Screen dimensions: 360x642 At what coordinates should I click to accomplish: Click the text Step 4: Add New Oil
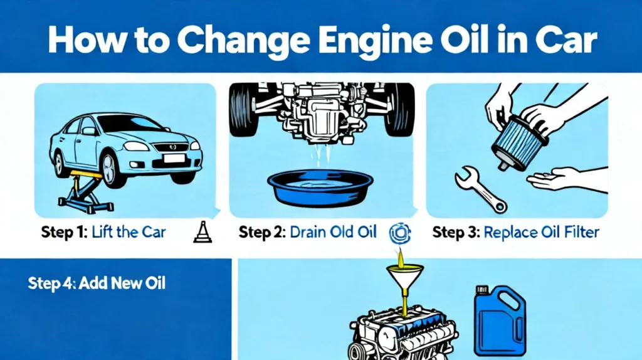[97, 283]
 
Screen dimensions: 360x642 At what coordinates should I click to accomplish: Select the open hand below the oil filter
[555, 179]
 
